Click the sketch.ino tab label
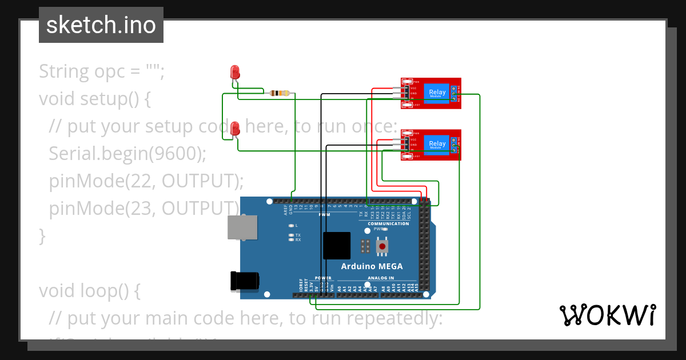click(x=101, y=25)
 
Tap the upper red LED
click(x=234, y=72)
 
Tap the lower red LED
click(x=235, y=129)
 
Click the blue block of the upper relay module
click(x=437, y=93)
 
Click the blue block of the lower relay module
click(x=437, y=144)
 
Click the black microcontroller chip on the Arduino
click(x=336, y=246)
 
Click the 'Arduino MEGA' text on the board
click(x=372, y=266)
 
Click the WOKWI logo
click(x=607, y=315)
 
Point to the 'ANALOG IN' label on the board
click(x=381, y=278)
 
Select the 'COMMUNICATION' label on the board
click(x=388, y=223)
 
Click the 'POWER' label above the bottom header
click(x=323, y=278)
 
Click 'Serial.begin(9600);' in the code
click(x=127, y=153)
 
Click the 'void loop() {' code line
click(x=89, y=290)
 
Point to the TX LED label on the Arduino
click(x=298, y=235)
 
